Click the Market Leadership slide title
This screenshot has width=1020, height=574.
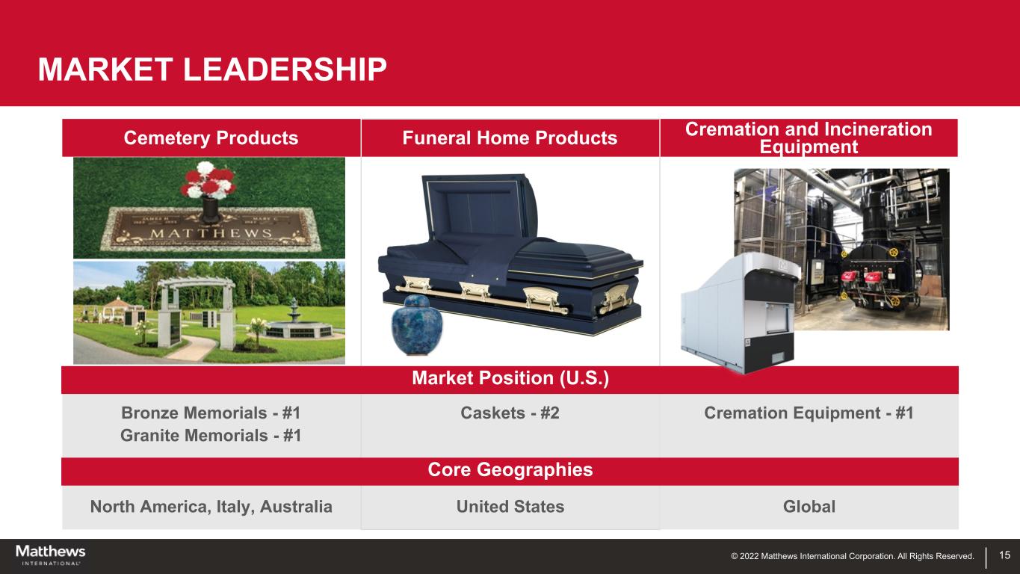pyautogui.click(x=212, y=70)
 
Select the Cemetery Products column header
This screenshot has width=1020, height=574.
pyautogui.click(x=211, y=138)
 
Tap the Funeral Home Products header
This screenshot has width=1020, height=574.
pyautogui.click(x=510, y=138)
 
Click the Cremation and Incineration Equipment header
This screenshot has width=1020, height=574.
pyautogui.click(x=809, y=138)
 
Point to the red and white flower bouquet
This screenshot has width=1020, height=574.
pyautogui.click(x=208, y=179)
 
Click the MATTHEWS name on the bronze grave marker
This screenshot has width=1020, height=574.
pyautogui.click(x=211, y=233)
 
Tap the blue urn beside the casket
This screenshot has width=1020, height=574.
pyautogui.click(x=417, y=324)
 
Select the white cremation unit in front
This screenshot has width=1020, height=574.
pyautogui.click(x=738, y=312)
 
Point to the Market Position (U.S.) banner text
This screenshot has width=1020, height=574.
pyautogui.click(x=510, y=379)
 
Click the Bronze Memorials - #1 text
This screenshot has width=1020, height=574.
pyautogui.click(x=211, y=413)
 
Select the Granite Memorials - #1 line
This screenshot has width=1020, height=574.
pyautogui.click(x=211, y=436)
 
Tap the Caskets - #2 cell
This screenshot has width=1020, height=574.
pyautogui.click(x=510, y=413)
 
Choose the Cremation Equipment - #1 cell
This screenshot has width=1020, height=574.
pyautogui.click(x=809, y=413)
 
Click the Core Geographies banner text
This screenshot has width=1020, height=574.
pyautogui.click(x=510, y=470)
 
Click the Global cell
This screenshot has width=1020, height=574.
pyautogui.click(x=809, y=507)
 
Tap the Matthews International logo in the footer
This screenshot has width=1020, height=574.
pyautogui.click(x=51, y=555)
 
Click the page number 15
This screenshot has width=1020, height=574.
pyautogui.click(x=1004, y=555)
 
